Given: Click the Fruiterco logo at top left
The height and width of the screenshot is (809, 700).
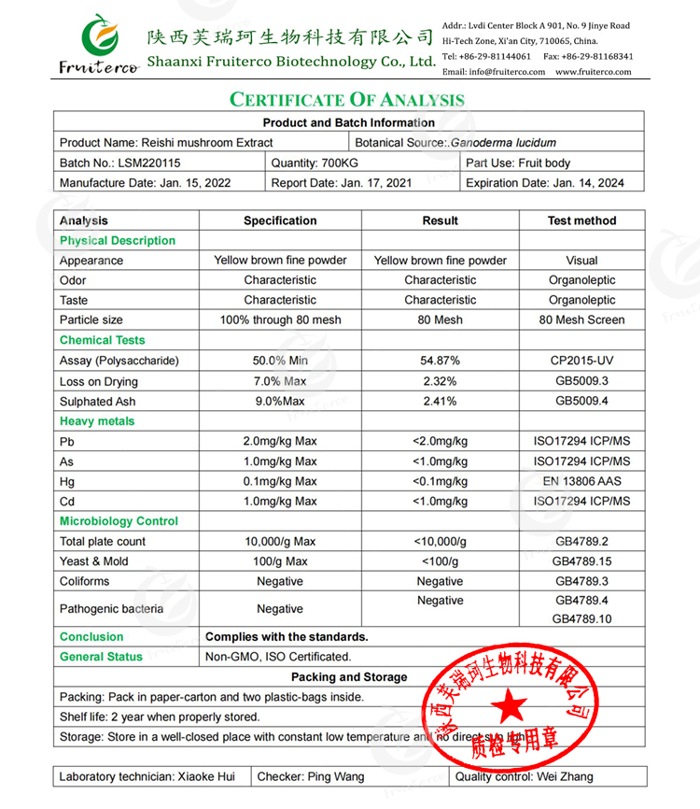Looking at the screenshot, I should (97, 43).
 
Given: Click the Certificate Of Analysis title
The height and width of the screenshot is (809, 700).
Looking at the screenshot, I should (347, 100).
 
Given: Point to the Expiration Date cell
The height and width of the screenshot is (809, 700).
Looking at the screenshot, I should (545, 183).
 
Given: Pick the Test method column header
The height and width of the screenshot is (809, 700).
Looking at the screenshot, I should (581, 220).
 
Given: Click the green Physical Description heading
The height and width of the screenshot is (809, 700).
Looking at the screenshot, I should (118, 240).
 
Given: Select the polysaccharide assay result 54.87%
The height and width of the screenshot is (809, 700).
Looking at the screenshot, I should (440, 361).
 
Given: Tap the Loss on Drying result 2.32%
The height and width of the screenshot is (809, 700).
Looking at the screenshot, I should (440, 381).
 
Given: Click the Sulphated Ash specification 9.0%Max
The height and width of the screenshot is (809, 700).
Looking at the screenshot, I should (280, 401).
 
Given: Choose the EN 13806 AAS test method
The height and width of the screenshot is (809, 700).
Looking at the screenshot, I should (581, 481).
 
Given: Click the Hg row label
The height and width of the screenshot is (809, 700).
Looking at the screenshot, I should (67, 481).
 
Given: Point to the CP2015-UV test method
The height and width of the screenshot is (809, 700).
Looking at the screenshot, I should (581, 361).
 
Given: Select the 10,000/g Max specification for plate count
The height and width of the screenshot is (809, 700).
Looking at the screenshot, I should (280, 541).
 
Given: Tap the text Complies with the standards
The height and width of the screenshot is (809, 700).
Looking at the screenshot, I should (287, 636).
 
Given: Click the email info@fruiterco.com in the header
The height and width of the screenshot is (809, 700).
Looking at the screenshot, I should (494, 72).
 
